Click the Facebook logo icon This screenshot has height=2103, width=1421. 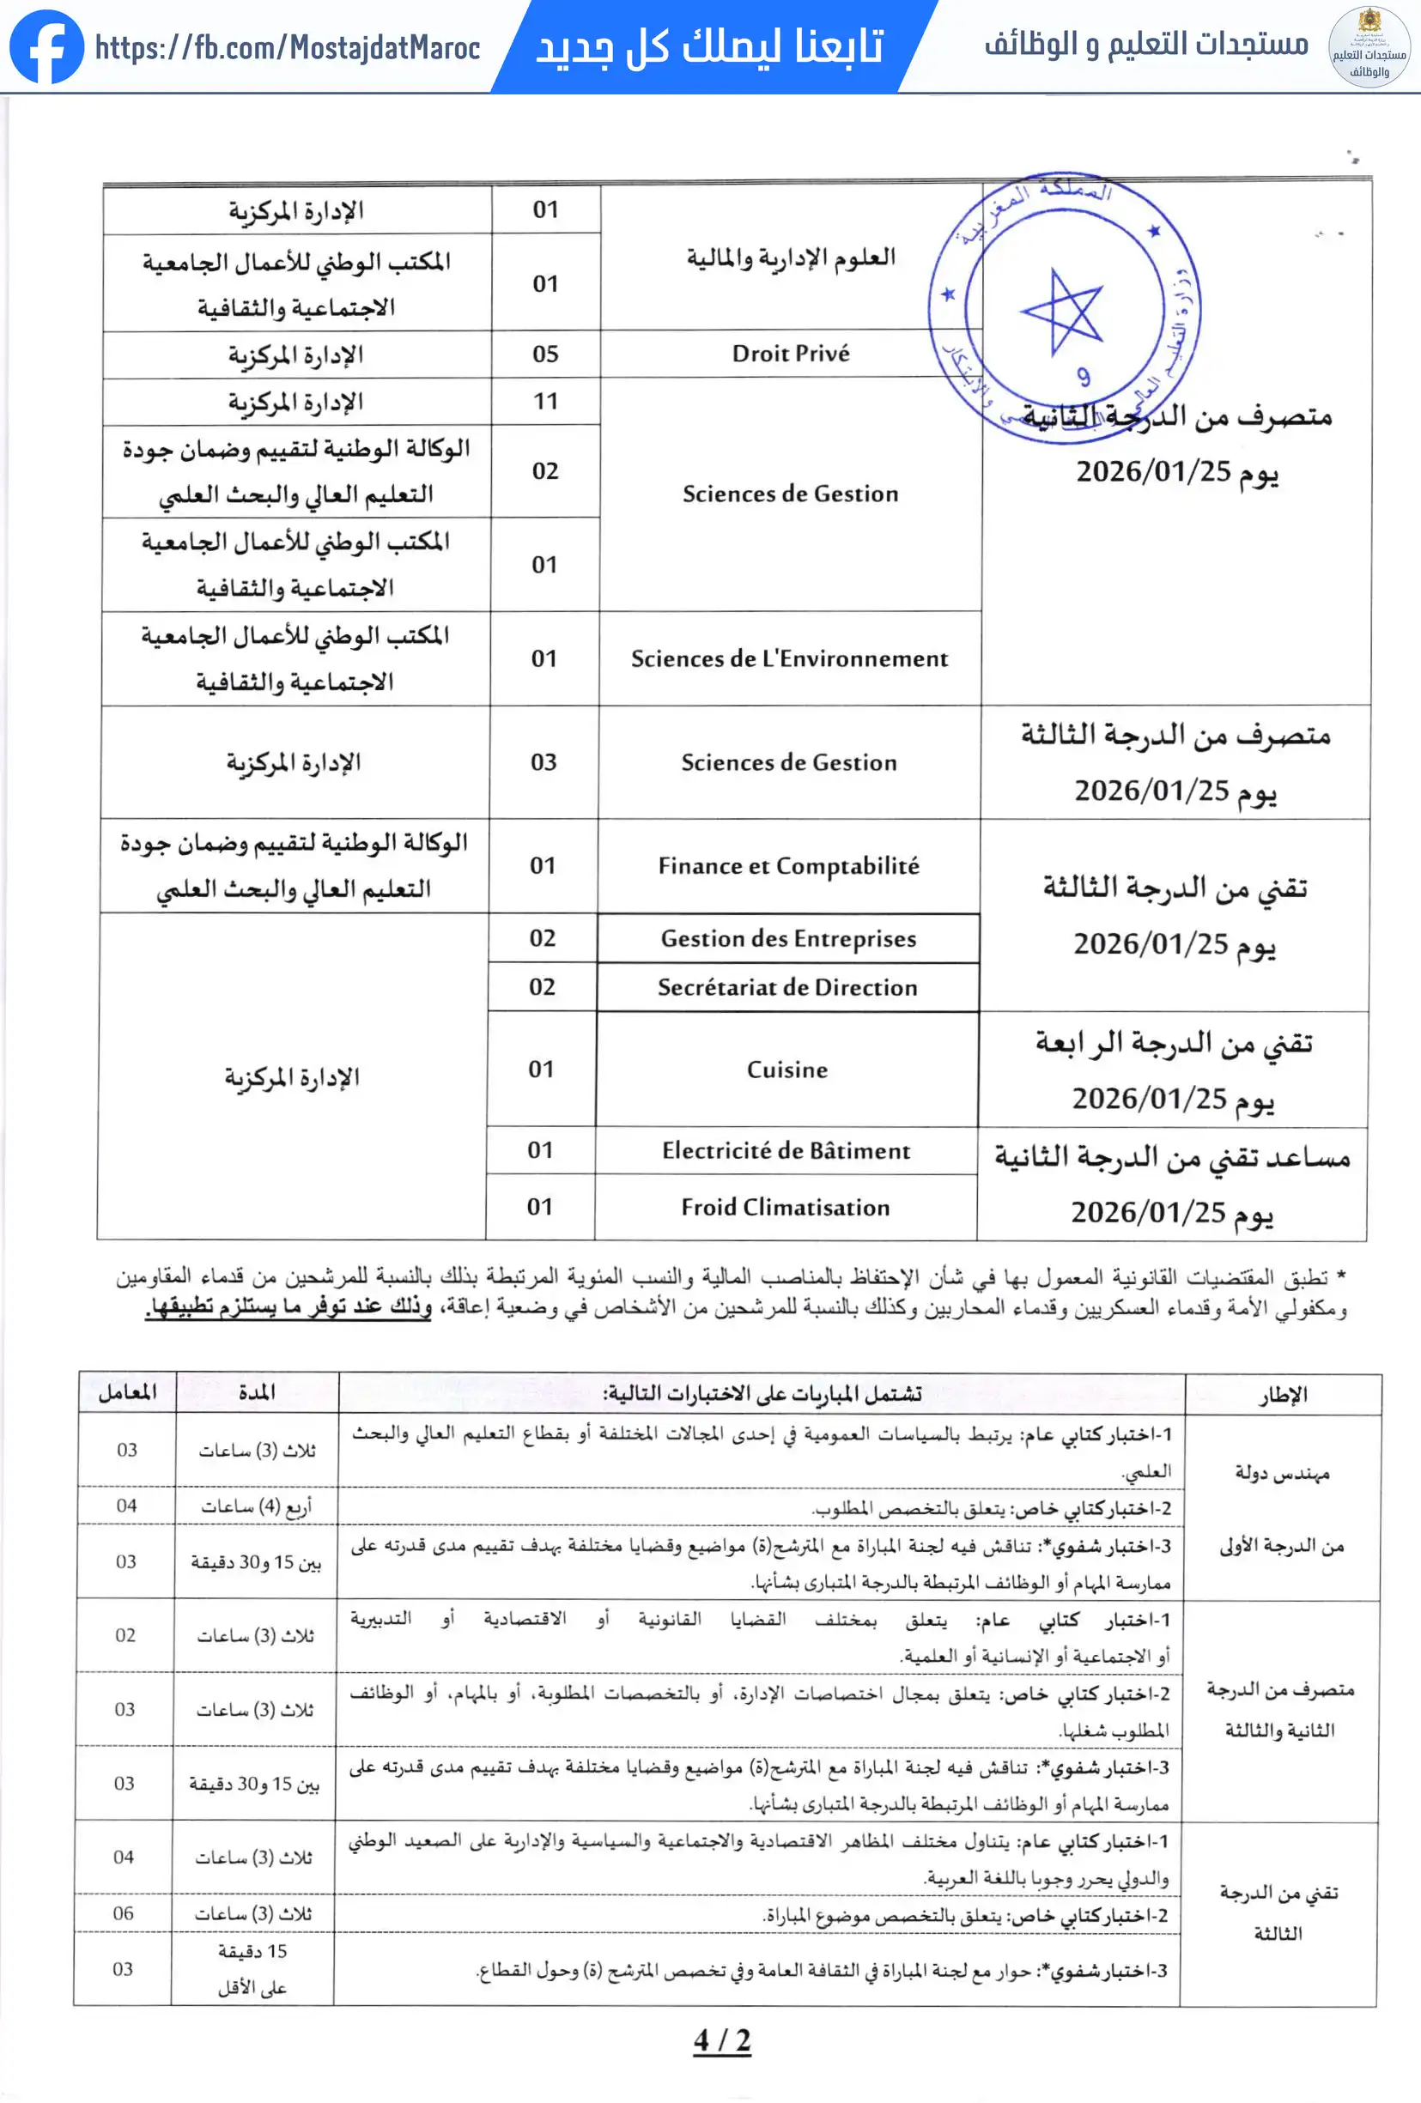46,46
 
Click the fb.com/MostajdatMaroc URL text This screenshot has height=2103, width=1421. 288,47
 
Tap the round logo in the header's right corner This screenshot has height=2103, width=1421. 1368,47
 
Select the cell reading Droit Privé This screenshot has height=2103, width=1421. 790,354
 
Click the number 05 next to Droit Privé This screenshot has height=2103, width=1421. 545,354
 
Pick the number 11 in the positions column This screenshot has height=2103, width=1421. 545,401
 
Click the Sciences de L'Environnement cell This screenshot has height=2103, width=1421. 789,658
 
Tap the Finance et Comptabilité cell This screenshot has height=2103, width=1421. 788,866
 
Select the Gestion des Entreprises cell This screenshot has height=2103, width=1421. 788,938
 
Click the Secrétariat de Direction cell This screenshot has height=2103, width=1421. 787,987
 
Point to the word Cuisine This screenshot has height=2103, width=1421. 786,1070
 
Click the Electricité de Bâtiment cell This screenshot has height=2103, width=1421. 786,1151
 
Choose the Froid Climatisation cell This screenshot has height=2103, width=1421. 785,1207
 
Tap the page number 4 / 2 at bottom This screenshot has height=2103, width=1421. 721,2039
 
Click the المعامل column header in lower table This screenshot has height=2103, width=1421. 128,1391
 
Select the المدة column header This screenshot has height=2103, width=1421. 257,1391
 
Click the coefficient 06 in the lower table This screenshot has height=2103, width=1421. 123,1913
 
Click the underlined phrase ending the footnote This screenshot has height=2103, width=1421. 288,1307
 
